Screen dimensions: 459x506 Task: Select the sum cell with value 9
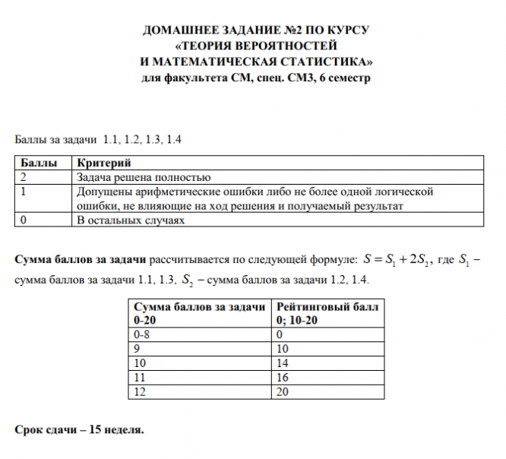point(136,348)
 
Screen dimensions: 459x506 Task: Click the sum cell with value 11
point(138,376)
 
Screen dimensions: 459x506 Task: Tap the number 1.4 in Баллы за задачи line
point(174,140)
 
